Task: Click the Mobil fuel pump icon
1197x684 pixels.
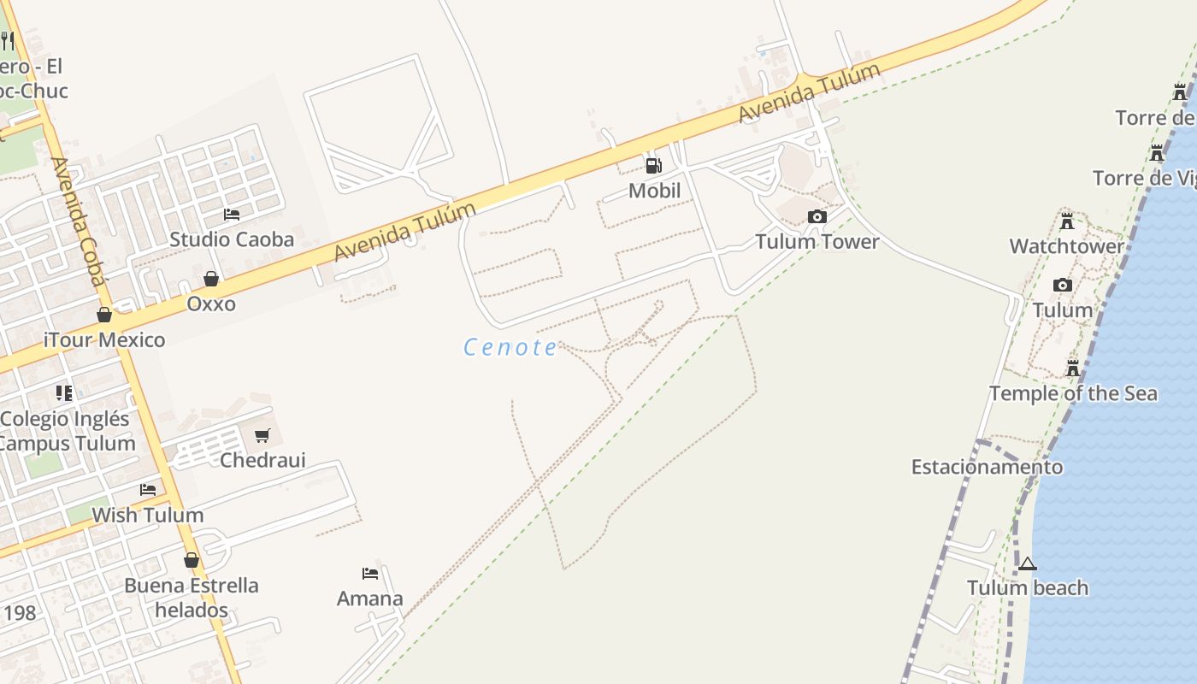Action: (653, 165)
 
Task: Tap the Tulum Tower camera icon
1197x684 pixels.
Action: (817, 216)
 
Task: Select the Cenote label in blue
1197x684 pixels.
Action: (510, 347)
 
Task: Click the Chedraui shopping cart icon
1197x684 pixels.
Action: (262, 435)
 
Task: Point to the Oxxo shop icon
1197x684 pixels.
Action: (211, 279)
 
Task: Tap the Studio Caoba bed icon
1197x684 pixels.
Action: (232, 214)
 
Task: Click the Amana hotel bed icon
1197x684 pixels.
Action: (370, 573)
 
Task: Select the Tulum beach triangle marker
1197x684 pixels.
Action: (1028, 563)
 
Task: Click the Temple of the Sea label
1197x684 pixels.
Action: (1073, 393)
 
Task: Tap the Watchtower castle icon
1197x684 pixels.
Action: (1067, 221)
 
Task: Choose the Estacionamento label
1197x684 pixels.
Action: (987, 467)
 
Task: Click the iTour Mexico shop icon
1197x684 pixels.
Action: (104, 315)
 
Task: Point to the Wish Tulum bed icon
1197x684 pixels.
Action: (148, 490)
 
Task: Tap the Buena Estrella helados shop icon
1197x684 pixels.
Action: (192, 560)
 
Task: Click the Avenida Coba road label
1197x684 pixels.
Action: (79, 221)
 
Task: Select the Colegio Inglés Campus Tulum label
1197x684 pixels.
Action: (67, 431)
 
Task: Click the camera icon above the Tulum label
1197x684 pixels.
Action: (1063, 285)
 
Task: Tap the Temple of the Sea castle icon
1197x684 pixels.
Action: (1073, 369)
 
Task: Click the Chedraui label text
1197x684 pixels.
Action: (262, 460)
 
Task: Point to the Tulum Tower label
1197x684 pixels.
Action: (817, 241)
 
